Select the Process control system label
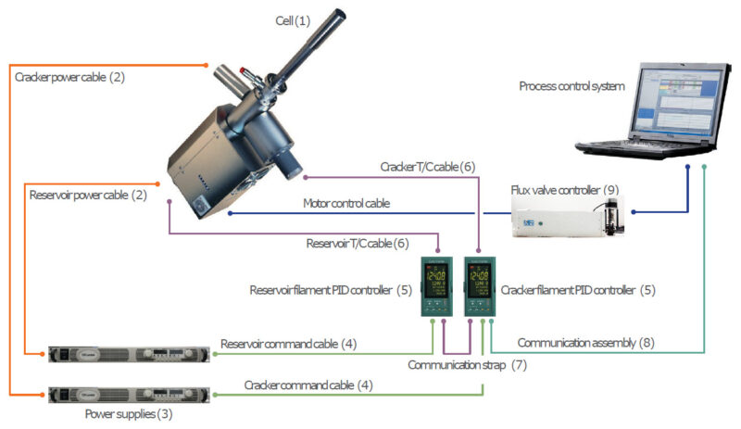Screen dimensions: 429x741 571,86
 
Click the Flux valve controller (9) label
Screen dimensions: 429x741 564,190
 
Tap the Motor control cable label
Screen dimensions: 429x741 346,203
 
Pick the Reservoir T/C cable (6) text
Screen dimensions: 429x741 358,244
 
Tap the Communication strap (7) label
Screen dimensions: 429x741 467,365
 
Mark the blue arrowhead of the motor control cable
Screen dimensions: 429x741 230,213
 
